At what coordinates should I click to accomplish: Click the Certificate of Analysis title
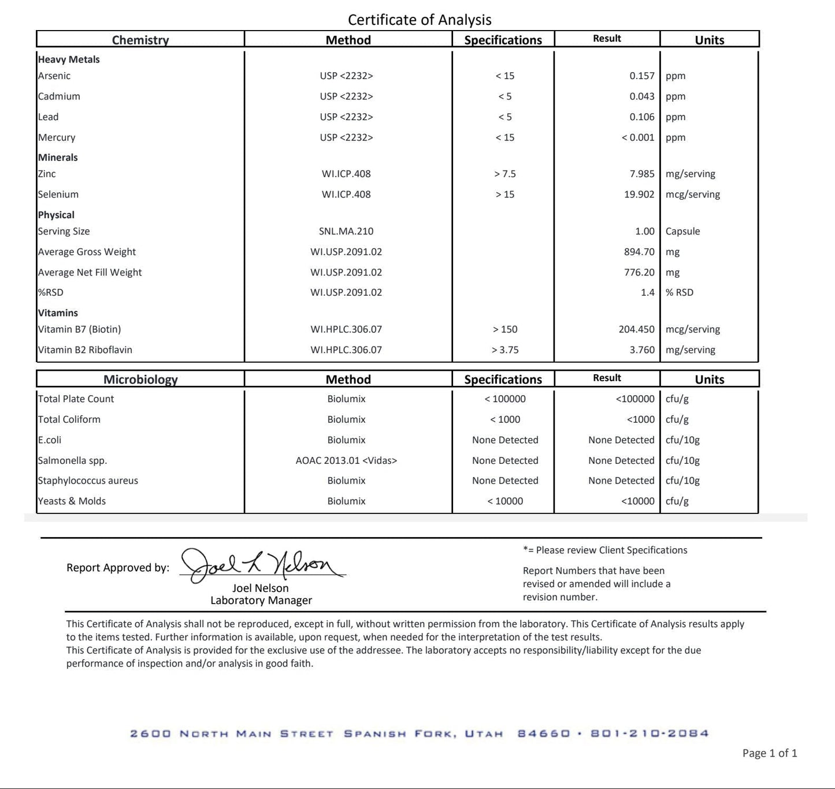420,20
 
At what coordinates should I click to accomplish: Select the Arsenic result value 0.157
641,76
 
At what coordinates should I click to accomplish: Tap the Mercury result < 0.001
637,137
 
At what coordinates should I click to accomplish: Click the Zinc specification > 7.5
504,174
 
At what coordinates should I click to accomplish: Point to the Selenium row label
58,195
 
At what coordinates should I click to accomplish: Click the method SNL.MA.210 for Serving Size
346,231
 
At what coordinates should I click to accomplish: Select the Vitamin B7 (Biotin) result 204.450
636,329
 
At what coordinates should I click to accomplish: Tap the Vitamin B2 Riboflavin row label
85,350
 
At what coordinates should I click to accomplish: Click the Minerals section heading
58,158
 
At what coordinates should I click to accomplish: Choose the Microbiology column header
140,379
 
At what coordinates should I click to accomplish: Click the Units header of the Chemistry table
709,40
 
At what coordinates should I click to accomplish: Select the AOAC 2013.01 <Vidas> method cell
346,460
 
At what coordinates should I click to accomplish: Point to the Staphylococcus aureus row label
88,481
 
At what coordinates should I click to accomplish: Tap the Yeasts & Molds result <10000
637,501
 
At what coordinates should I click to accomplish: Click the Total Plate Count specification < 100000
504,399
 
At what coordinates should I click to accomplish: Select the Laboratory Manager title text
261,601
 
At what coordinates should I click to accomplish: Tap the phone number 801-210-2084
650,734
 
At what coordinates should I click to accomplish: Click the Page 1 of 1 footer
769,753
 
